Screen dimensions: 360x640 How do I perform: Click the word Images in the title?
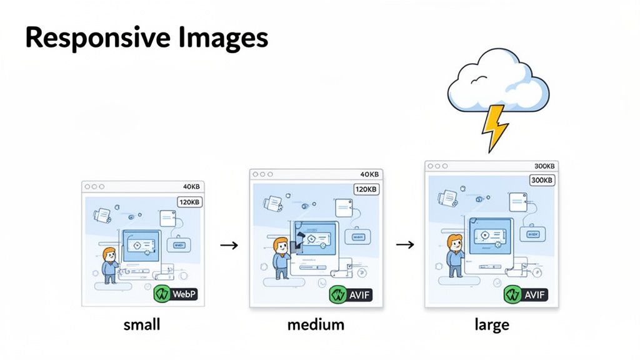[219, 39]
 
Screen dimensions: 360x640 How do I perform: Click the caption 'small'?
[142, 325]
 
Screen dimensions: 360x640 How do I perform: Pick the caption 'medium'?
[316, 325]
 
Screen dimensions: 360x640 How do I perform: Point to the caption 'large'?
[491, 325]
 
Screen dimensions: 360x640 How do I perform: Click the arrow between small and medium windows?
[230, 246]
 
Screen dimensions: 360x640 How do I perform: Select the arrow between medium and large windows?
[406, 244]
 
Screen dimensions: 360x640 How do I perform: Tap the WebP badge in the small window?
[176, 294]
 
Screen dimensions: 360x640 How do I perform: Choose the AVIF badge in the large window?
[527, 294]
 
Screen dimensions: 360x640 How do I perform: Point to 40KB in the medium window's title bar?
[369, 174]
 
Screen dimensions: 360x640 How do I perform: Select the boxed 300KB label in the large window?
[541, 180]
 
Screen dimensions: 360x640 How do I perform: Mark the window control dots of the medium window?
[263, 174]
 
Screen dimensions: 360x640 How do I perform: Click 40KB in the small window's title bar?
[191, 186]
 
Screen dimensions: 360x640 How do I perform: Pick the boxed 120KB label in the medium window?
[366, 189]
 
